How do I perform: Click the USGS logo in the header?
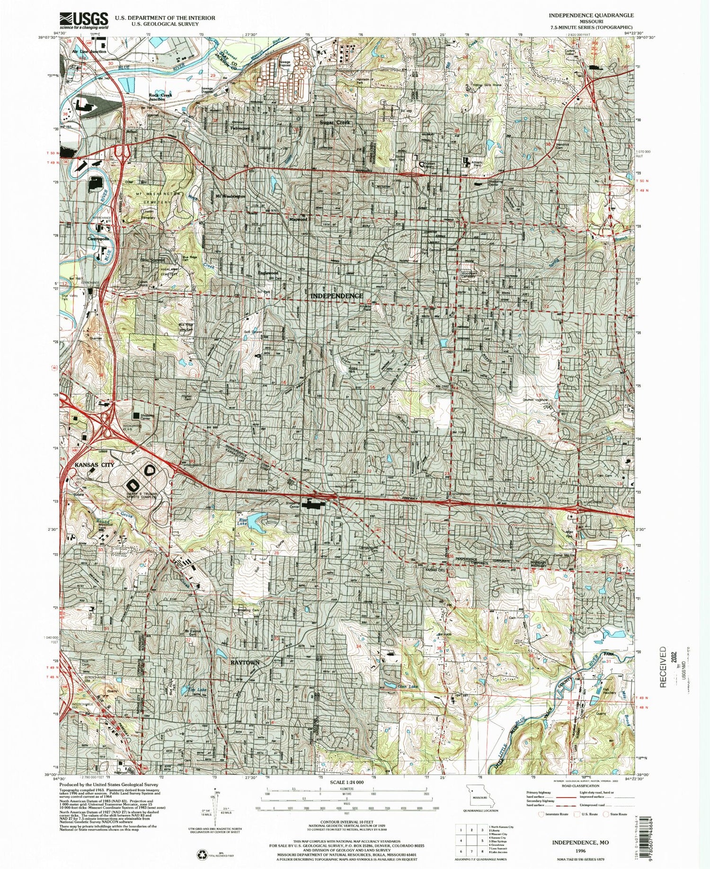click(x=84, y=19)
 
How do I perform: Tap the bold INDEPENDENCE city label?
click(x=337, y=296)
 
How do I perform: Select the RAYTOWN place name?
click(x=245, y=662)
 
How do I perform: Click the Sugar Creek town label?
click(x=335, y=123)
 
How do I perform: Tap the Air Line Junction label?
click(x=89, y=51)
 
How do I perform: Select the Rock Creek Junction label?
click(x=160, y=97)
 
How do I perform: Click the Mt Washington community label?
click(x=230, y=195)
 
